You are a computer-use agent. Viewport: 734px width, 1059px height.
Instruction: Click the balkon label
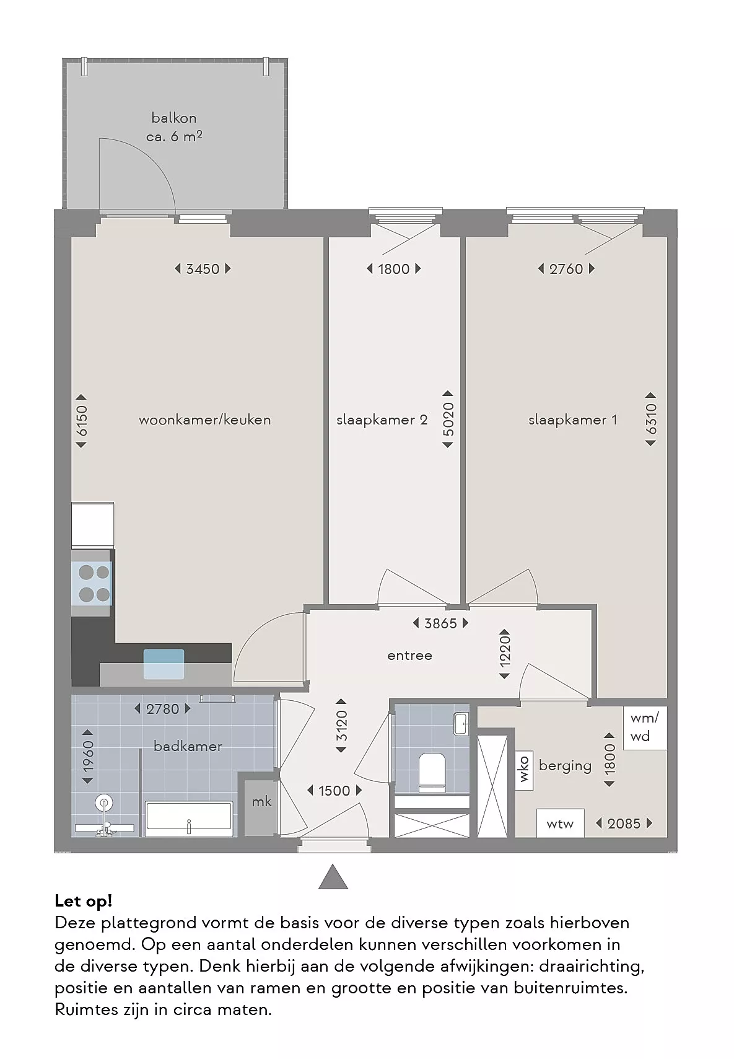coord(174,118)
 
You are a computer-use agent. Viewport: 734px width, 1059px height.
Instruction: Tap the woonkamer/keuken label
coord(204,420)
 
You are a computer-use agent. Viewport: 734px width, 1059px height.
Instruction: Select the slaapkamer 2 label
coord(382,420)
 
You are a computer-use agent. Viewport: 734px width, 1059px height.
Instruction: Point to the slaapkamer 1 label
coord(573,420)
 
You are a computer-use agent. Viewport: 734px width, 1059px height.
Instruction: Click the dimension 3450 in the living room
coord(203,269)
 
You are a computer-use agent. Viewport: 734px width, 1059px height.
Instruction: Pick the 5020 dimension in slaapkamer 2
coord(448,419)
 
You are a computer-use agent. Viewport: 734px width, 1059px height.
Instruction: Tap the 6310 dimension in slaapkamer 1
coord(651,419)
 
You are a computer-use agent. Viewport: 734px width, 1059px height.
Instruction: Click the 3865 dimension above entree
coord(440,623)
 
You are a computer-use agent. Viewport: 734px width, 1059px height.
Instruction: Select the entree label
coord(410,656)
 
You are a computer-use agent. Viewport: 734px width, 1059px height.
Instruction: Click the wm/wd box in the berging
coord(645,728)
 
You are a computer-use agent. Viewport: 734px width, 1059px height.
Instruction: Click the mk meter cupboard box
coord(261,802)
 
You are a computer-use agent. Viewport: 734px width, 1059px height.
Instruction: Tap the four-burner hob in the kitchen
coord(92,583)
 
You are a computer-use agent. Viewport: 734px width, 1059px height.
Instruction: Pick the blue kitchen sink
coord(164,664)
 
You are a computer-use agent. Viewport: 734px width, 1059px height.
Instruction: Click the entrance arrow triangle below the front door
coord(333,877)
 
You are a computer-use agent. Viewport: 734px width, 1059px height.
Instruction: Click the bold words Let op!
coord(83,901)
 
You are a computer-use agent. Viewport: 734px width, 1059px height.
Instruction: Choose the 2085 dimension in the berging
coord(624,824)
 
